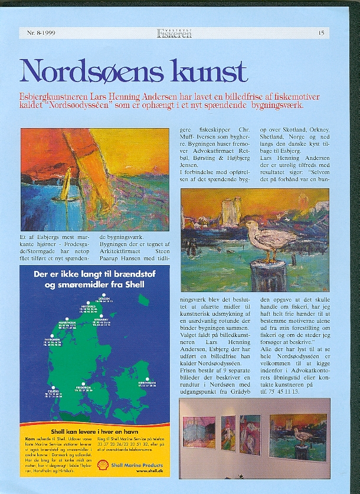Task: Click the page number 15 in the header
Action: click(321, 33)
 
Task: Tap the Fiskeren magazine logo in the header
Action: click(174, 33)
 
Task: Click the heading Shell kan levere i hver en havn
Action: click(94, 431)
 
